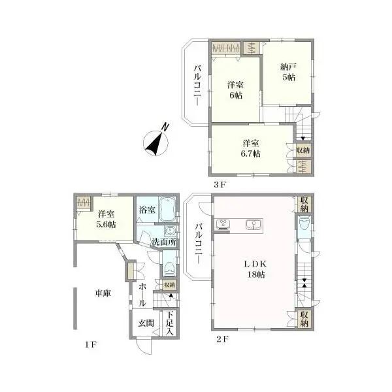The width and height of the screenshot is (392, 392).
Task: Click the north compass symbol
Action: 155,141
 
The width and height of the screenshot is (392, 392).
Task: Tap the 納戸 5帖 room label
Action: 288,72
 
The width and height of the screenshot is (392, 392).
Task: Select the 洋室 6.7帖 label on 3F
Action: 250,148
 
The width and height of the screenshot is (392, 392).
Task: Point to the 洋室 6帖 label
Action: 235,90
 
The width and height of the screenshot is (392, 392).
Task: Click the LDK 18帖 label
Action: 255,269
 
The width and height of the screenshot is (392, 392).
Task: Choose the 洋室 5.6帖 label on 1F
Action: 106,220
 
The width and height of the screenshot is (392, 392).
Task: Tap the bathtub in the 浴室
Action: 167,209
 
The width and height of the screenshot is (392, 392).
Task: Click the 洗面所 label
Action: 164,242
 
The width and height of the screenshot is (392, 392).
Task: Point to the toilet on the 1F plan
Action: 170,269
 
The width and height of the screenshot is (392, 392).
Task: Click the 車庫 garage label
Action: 103,293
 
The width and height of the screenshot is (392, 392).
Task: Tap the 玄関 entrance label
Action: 146,323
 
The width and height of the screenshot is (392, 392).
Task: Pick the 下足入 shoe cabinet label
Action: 169,323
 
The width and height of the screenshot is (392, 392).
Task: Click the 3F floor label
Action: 220,185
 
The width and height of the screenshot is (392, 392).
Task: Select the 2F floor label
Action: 222,339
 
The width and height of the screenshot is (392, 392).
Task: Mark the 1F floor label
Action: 91,345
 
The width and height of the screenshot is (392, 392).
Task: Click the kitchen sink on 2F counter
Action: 253,223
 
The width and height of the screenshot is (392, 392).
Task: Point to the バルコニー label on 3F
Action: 197,85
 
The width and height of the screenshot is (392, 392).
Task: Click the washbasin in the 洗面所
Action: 171,231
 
